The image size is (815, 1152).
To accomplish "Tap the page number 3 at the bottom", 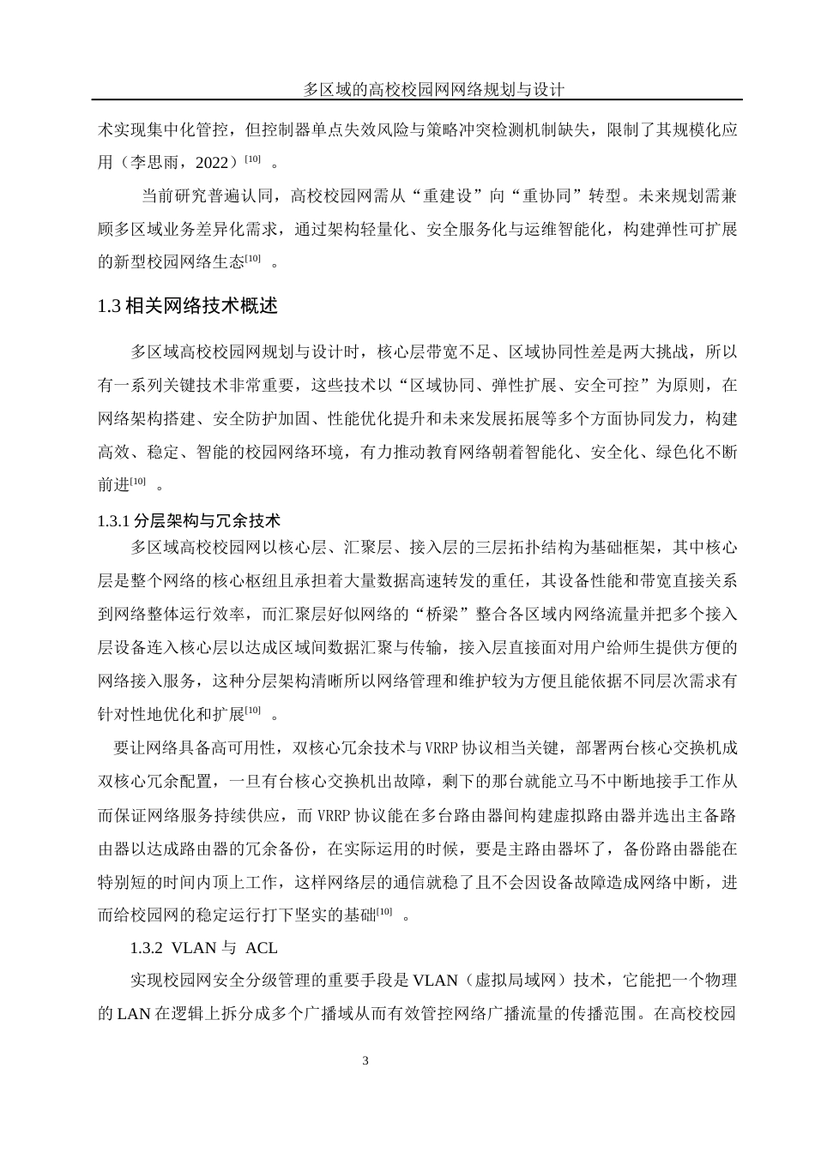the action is point(366,1062).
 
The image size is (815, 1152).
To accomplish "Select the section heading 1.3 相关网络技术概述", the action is point(188,306).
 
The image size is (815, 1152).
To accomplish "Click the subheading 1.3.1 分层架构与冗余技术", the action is point(190,520).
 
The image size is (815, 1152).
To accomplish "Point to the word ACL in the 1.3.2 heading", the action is point(261,949).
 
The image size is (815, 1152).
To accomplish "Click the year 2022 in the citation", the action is point(212,163).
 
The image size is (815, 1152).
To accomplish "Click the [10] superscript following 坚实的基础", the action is point(384,911).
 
